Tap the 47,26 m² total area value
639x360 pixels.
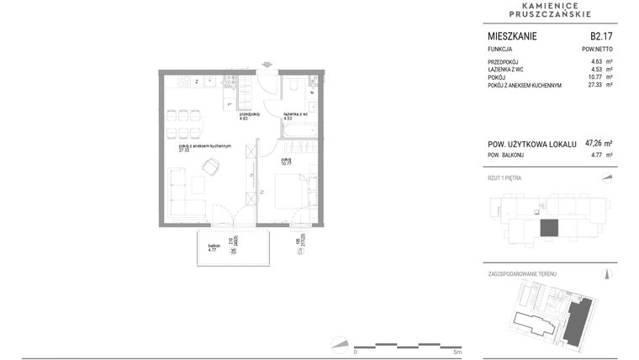point(598,144)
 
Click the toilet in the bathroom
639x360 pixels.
point(291,86)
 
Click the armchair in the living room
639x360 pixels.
point(209,167)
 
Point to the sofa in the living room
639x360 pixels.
point(180,193)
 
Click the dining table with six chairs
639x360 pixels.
point(183,122)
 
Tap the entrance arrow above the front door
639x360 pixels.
point(267,64)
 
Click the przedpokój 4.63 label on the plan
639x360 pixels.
point(249,117)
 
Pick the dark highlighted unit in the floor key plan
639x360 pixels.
point(548,228)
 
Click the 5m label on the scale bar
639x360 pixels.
point(457,352)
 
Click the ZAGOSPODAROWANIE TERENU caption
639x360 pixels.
point(522,274)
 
